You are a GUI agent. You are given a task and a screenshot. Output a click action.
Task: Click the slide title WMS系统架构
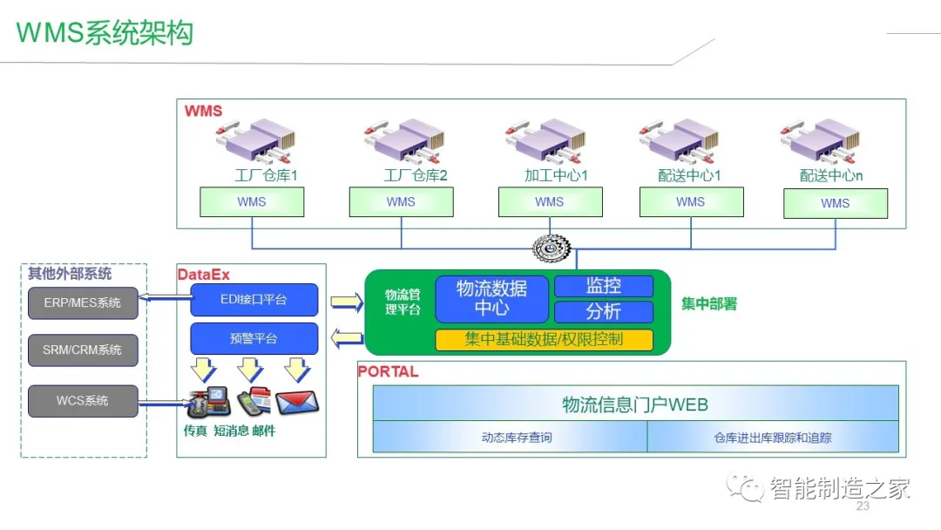coord(105,32)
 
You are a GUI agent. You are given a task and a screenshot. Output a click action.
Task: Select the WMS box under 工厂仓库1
coord(252,202)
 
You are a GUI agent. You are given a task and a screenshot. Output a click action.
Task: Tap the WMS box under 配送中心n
coord(835,204)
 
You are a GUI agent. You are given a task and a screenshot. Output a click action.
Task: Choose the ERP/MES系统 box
coord(83,303)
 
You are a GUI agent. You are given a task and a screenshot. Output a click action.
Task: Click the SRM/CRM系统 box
coord(83,350)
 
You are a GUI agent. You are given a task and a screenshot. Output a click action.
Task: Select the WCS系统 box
coord(83,401)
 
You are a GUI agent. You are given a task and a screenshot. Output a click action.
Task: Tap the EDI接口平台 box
coord(254,300)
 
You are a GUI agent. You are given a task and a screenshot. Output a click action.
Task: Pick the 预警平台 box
coord(254,338)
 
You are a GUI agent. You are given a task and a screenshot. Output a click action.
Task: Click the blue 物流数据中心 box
coord(492,298)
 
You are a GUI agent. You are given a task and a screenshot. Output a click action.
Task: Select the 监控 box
coord(604,286)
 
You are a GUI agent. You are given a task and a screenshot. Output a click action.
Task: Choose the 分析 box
coord(604,311)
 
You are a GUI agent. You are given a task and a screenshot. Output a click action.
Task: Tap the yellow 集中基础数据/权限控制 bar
coord(544,340)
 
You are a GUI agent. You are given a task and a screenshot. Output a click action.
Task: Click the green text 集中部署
coord(709,303)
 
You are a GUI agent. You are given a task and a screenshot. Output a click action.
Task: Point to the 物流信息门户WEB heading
coord(635,404)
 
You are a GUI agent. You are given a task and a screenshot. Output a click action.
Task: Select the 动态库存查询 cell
coord(510,438)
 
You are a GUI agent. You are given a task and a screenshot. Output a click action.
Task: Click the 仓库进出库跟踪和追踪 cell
coord(772,438)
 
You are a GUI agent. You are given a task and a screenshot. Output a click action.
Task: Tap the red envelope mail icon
coord(298,402)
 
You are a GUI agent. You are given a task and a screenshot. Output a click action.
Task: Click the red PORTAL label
coord(388,371)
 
